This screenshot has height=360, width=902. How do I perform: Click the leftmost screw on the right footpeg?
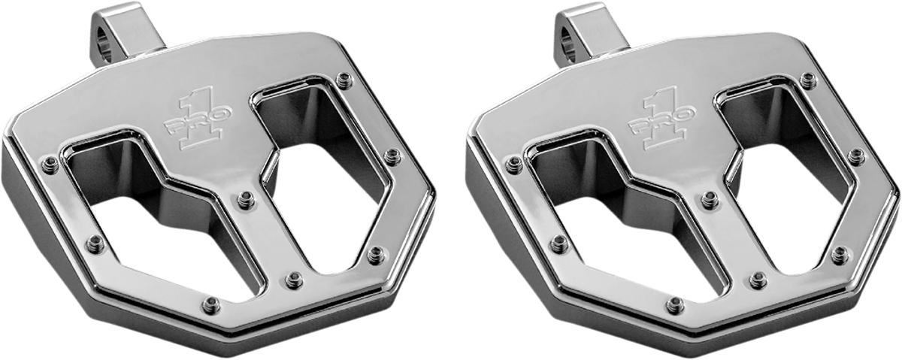(x=515, y=162)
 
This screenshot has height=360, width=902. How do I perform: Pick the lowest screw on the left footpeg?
(x=213, y=304)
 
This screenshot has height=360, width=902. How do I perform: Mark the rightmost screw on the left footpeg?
(x=391, y=155)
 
